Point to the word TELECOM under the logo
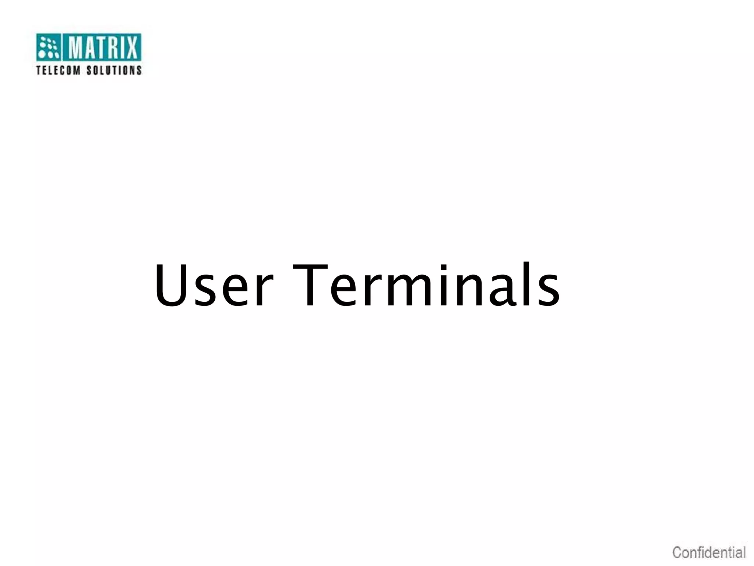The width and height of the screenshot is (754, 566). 58,70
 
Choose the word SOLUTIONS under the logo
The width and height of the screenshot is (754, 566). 114,70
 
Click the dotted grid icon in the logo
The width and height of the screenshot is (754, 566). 49,47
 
